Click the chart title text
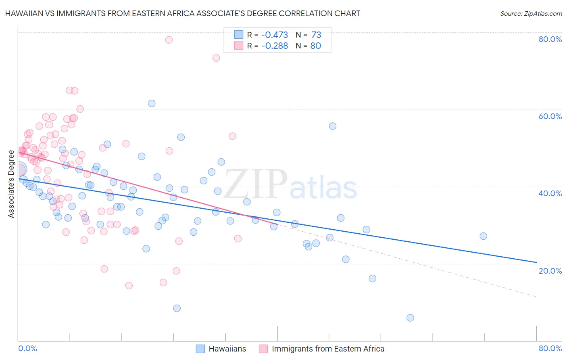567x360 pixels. [183, 13]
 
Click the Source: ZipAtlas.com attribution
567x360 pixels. [531, 13]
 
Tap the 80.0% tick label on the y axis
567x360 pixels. [550, 39]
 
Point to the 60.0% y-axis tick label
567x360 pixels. [550, 116]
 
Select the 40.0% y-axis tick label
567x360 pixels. [550, 193]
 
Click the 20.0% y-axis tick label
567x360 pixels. [550, 271]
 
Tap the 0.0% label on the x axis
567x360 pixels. [27, 348]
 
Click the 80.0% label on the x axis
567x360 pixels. [550, 348]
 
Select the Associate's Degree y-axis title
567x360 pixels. [11, 184]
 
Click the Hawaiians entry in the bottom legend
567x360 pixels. [227, 349]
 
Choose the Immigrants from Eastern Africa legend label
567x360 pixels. [328, 349]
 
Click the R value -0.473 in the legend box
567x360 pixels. [275, 35]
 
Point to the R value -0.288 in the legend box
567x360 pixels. [275, 46]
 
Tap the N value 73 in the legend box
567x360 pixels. [316, 35]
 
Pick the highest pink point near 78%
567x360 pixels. [169, 40]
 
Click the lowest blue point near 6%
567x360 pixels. [410, 318]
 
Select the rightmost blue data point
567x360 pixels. [483, 236]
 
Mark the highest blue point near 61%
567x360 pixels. [152, 103]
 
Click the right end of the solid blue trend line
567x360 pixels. [536, 262]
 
